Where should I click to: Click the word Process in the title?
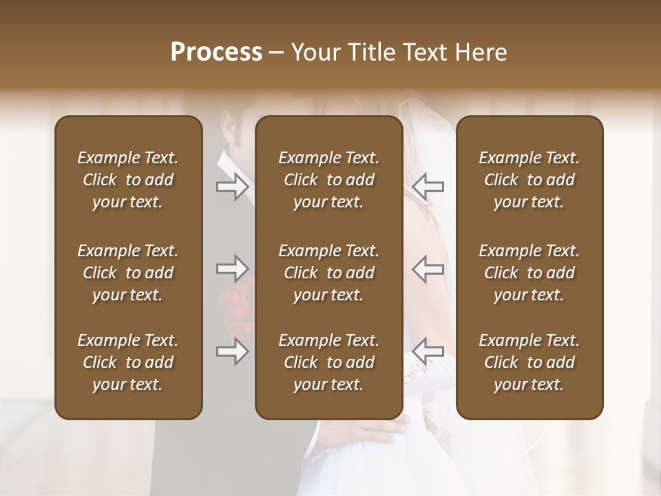point(216,52)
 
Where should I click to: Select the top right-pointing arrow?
point(233,186)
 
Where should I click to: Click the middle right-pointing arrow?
point(233,268)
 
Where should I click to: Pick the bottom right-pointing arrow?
point(233,351)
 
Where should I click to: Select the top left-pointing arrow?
point(428,186)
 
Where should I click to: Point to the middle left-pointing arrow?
point(428,268)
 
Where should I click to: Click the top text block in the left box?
point(128,180)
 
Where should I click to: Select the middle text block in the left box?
point(128,273)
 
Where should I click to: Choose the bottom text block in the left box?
point(128,362)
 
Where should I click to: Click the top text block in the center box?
point(328,180)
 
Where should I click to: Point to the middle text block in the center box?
point(328,273)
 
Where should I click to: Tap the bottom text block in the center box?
point(328,362)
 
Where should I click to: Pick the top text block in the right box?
point(529,180)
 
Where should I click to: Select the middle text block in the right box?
point(529,273)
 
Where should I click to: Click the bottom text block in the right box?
point(529,362)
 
